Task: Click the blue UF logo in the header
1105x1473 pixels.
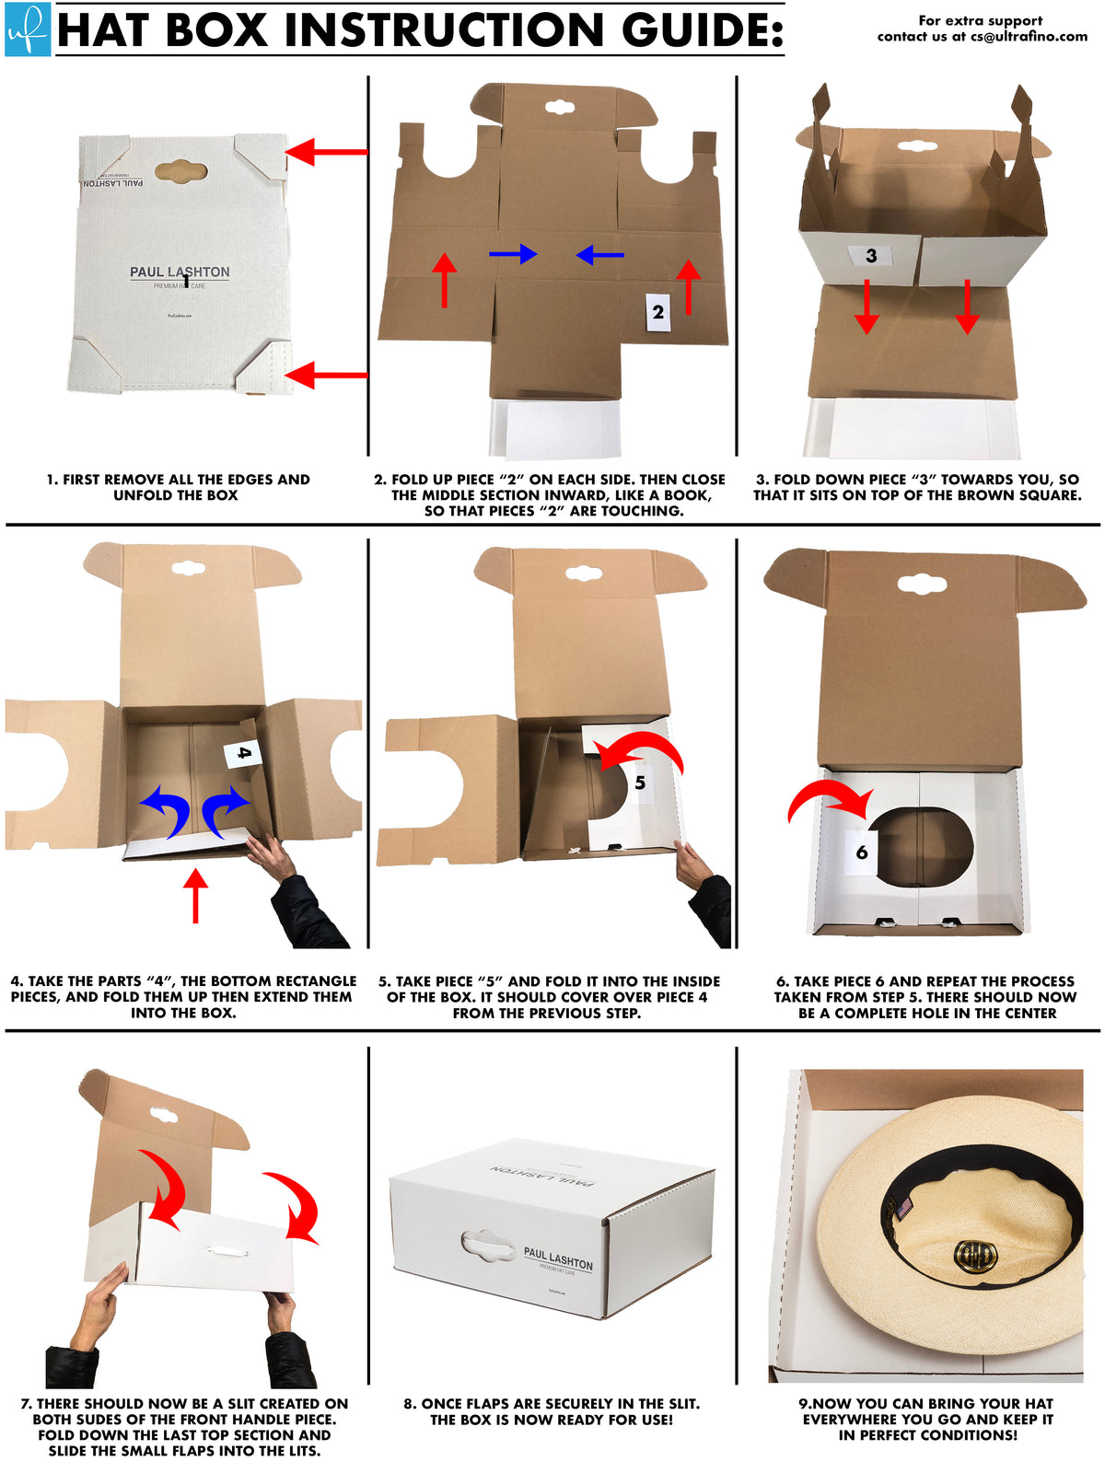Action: coord(27,29)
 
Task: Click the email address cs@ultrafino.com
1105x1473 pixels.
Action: coord(1029,37)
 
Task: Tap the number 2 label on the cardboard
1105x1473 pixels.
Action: coord(657,312)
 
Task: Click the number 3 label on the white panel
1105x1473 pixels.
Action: coord(871,255)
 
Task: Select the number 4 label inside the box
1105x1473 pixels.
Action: coord(243,753)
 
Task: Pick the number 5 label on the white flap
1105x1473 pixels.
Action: coord(640,783)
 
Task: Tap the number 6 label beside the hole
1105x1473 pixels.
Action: coord(861,852)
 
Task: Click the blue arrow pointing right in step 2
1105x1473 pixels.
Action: coord(513,253)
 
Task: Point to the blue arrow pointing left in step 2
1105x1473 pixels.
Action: coord(599,254)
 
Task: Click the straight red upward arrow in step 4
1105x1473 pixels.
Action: coord(195,896)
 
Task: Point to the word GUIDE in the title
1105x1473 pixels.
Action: coord(703,29)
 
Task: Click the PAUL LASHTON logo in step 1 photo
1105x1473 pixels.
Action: coord(180,273)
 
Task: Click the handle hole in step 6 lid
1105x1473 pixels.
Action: coord(922,584)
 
